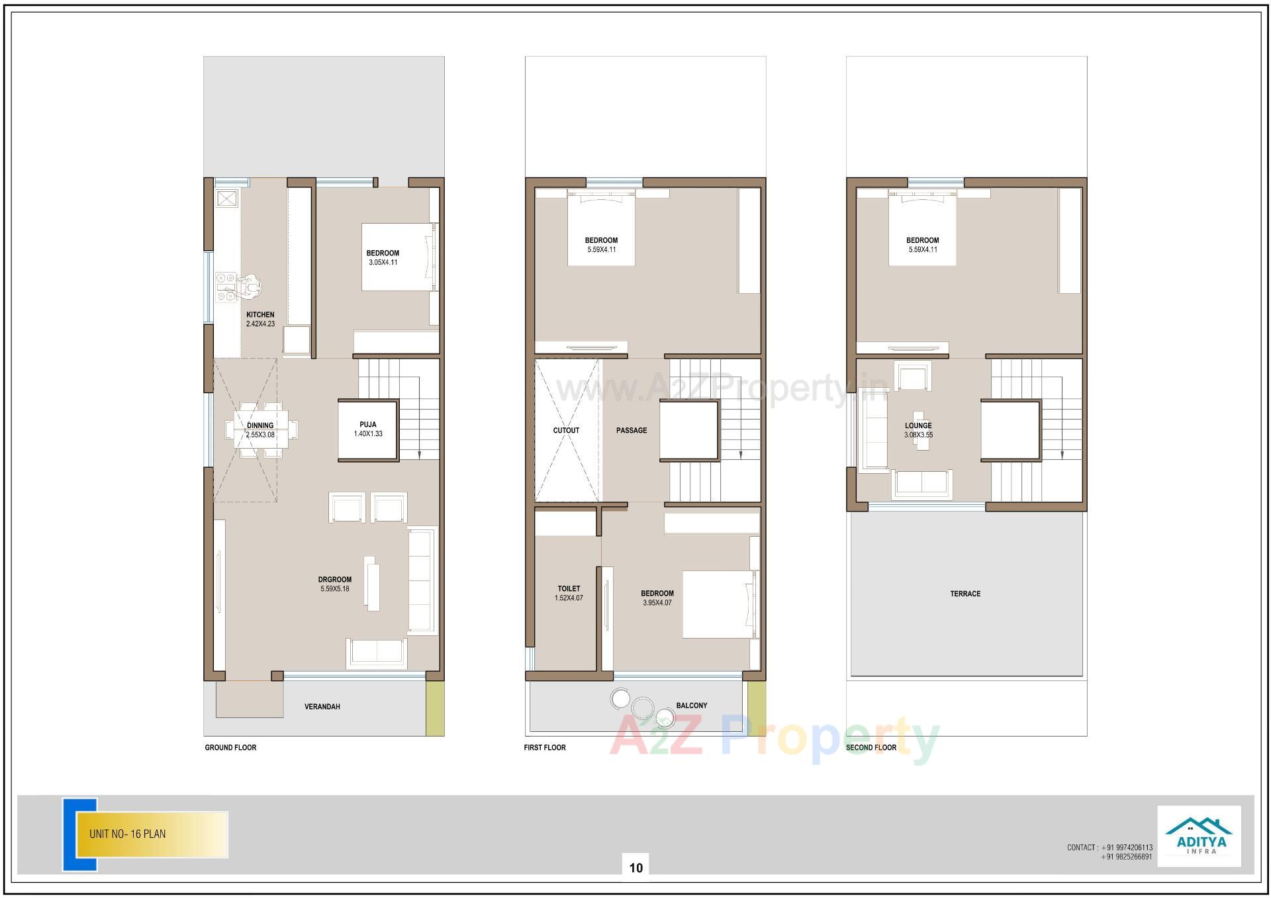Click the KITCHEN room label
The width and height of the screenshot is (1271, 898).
click(x=260, y=315)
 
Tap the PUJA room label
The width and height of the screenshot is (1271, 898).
click(x=368, y=425)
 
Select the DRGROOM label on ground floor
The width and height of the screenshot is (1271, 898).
click(x=335, y=580)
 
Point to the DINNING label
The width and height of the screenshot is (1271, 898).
click(x=260, y=426)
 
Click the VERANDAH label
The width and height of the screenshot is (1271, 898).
click(x=322, y=707)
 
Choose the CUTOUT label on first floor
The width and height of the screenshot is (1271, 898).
click(x=566, y=430)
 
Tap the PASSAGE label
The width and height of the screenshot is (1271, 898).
click(x=632, y=430)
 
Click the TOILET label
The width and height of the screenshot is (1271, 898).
click(x=569, y=588)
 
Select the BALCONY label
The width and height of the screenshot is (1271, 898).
click(x=692, y=705)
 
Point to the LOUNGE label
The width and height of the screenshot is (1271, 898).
click(x=918, y=426)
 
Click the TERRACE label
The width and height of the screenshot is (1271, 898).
click(x=965, y=594)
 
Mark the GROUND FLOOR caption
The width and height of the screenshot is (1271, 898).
click(x=230, y=748)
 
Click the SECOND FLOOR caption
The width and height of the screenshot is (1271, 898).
click(x=871, y=748)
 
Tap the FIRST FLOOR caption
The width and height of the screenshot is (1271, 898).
click(x=545, y=748)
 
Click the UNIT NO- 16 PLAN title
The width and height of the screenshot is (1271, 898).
click(x=128, y=834)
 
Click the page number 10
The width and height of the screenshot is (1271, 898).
click(x=636, y=868)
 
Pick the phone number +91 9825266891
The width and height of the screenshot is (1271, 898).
click(x=1127, y=857)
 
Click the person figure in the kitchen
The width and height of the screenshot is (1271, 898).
click(x=250, y=287)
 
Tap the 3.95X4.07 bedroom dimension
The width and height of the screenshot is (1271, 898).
click(x=657, y=603)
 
